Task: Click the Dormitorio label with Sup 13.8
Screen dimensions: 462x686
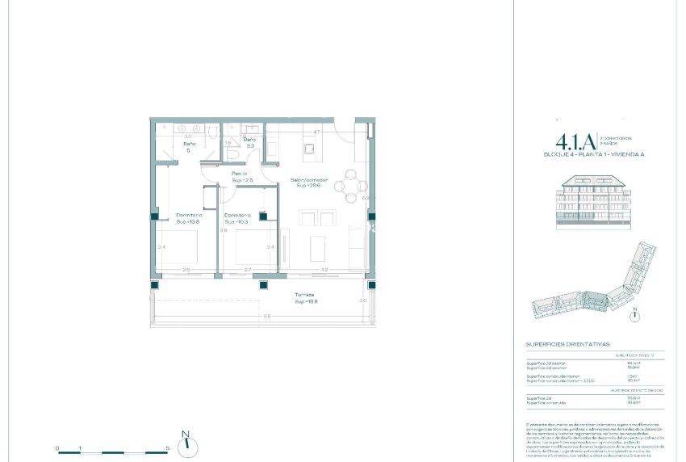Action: pyautogui.click(x=189, y=218)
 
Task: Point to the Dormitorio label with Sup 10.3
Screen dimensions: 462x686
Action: pyautogui.click(x=237, y=218)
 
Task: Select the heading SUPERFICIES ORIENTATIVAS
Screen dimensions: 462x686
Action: pyautogui.click(x=567, y=342)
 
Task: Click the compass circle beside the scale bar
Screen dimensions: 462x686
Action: pyautogui.click(x=186, y=442)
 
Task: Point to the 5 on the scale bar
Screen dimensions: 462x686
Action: pyautogui.click(x=167, y=447)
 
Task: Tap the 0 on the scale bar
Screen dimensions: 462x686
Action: pyautogui.click(x=57, y=447)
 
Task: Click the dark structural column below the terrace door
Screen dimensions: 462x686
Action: pyautogui.click(x=262, y=284)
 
